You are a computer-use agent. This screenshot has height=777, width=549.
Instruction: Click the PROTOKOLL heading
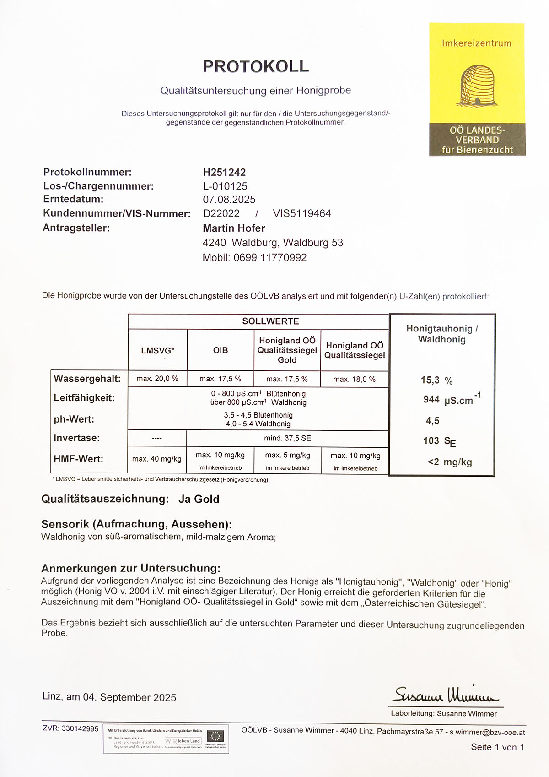point(256,66)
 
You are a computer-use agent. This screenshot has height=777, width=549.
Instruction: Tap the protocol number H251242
point(224,173)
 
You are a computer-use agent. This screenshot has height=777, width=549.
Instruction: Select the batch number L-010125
point(225,186)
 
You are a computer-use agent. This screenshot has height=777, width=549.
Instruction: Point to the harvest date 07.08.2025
point(229,200)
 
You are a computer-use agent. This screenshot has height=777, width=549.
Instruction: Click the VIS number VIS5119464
point(301,214)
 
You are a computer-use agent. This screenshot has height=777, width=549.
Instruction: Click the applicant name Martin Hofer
point(234,228)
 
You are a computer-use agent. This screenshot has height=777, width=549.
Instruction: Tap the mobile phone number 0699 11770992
point(270,258)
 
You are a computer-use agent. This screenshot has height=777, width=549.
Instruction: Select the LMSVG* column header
point(157,350)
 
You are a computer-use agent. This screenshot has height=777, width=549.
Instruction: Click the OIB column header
point(220,350)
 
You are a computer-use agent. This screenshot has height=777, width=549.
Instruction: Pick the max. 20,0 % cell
point(157,379)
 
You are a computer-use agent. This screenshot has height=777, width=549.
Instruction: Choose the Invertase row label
point(76,438)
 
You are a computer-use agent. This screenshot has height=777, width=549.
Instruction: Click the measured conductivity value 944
point(431,400)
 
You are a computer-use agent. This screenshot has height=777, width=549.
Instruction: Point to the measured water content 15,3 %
point(436,380)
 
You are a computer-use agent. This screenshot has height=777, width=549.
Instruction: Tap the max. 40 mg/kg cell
point(157,459)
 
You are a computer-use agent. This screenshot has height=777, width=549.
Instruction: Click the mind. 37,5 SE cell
point(287,438)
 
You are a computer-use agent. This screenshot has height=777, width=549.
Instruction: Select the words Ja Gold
point(199,499)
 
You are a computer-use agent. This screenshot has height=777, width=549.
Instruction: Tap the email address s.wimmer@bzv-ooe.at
point(487,732)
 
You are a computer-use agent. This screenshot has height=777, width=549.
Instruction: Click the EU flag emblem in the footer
point(215,736)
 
